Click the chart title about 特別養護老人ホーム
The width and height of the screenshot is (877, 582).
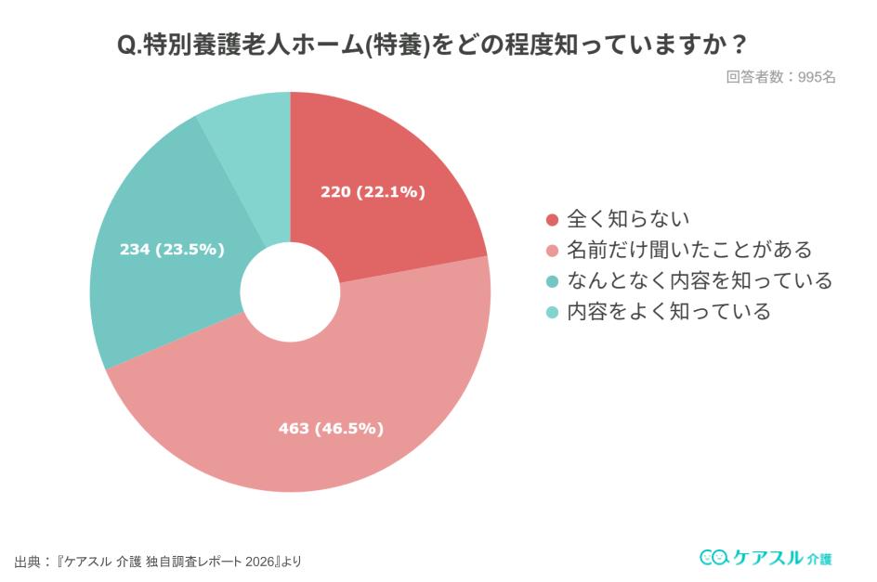pos(438,45)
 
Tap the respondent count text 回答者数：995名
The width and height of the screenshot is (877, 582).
pos(780,77)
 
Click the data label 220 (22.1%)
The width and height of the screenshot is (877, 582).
pos(373,192)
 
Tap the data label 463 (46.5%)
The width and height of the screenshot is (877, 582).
pos(331,428)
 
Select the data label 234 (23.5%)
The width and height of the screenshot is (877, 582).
pos(172,249)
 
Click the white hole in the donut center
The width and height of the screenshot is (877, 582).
pos(290,292)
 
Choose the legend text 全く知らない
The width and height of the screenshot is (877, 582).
pos(628,219)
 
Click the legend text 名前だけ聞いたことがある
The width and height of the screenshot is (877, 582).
pos(689,250)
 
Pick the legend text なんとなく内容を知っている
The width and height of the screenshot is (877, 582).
pos(700,280)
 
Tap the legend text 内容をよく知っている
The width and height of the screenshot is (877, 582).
pos(669,311)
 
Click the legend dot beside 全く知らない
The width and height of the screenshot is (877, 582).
pos(552,220)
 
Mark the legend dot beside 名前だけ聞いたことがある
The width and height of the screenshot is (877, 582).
pos(552,251)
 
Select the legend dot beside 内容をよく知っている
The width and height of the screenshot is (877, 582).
pos(552,312)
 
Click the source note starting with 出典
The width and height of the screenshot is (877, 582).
pos(158,562)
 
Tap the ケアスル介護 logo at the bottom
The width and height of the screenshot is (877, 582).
pos(766,557)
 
